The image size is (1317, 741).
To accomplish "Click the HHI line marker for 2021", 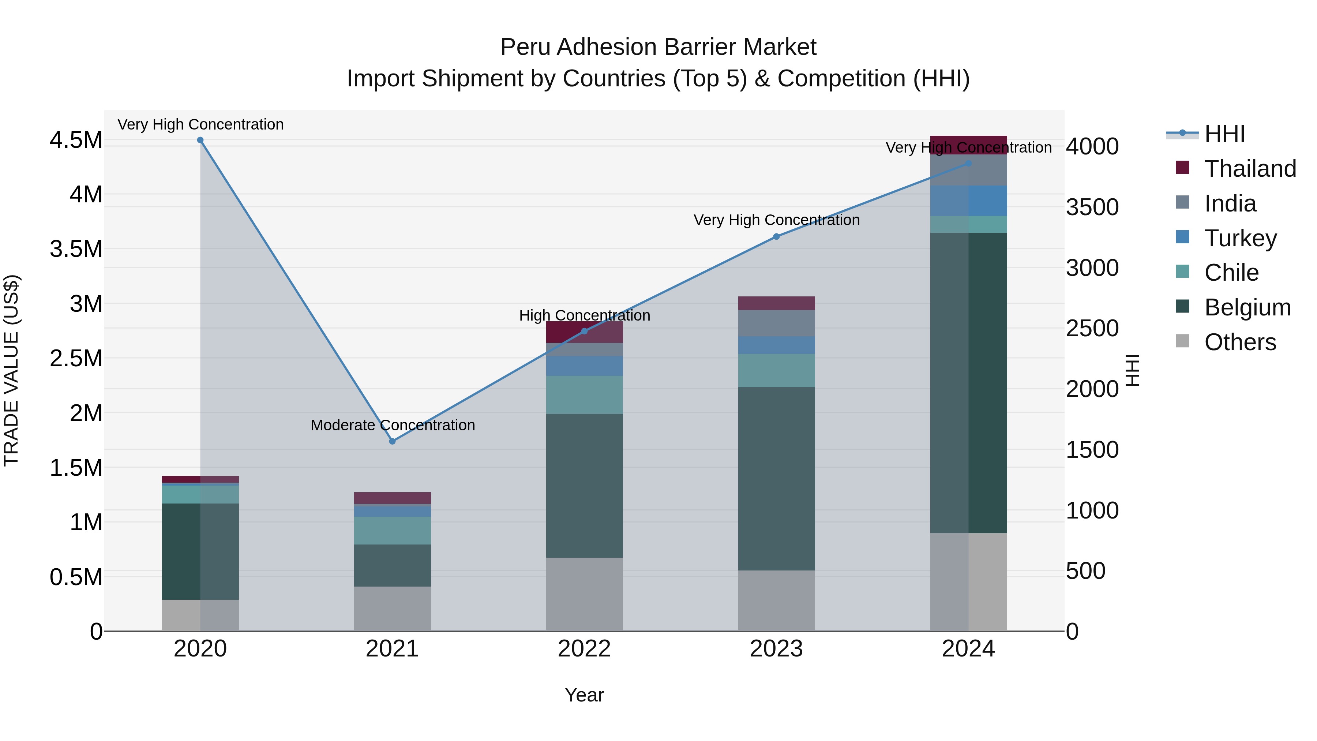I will (x=392, y=441).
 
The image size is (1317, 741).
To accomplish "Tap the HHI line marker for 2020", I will (x=200, y=140).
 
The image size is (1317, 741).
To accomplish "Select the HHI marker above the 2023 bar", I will (x=776, y=236).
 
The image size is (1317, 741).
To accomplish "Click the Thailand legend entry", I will (x=1250, y=168).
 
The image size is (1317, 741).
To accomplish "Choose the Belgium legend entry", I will (x=1247, y=307).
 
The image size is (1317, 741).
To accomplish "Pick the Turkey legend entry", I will (x=1240, y=238).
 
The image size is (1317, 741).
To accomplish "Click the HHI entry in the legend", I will (x=1224, y=134).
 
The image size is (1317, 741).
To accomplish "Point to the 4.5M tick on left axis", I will (x=76, y=140).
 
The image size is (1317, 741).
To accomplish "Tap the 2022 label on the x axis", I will (x=584, y=648).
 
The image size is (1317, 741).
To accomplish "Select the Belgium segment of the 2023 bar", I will (x=776, y=478).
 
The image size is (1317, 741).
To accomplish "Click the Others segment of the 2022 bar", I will (x=584, y=594).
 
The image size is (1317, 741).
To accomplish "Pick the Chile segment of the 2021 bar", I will (x=392, y=530).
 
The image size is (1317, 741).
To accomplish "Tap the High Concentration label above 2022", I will (x=584, y=315).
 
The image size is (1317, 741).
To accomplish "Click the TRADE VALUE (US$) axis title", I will (x=11, y=370).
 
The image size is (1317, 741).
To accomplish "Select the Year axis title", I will (x=584, y=695).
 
